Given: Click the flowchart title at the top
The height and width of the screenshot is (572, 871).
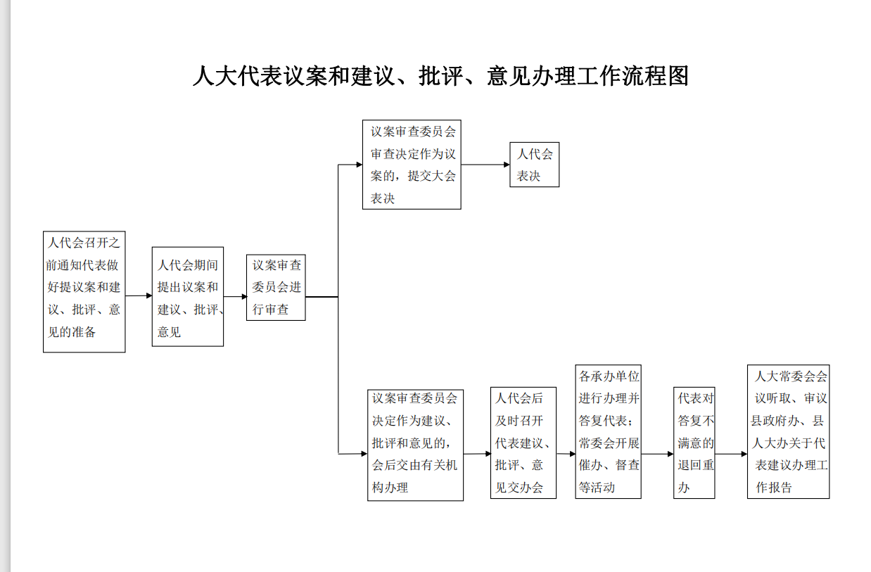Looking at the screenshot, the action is click(x=440, y=76).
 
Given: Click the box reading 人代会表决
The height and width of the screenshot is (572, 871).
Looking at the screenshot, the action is click(x=535, y=165).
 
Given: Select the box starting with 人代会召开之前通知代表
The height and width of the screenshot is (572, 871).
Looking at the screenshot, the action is click(x=84, y=292).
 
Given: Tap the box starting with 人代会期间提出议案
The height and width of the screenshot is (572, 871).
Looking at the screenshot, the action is click(x=188, y=296).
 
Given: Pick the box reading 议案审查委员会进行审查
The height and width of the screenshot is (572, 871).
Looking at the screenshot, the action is click(x=276, y=287).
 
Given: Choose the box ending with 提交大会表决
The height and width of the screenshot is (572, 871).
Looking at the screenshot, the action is click(x=412, y=165).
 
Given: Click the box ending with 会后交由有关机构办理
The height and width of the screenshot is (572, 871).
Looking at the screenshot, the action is click(x=415, y=445).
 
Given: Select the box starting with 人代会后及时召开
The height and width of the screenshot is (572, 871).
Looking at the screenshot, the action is click(x=523, y=443).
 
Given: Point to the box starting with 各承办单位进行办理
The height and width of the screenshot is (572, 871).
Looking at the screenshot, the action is click(x=608, y=431).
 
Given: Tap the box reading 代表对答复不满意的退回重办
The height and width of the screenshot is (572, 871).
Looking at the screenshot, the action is click(x=694, y=443).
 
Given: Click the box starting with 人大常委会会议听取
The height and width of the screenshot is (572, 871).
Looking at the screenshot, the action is click(x=788, y=431).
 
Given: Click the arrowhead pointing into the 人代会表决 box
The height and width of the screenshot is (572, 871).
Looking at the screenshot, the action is click(x=507, y=165).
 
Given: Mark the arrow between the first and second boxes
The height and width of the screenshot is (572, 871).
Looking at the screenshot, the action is click(x=139, y=295).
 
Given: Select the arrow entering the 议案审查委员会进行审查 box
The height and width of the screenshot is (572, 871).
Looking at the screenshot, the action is click(x=235, y=297).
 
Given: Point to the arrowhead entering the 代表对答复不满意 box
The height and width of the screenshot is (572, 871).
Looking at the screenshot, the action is click(x=670, y=454).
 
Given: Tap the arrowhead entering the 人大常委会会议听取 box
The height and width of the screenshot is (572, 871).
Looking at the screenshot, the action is click(x=744, y=454).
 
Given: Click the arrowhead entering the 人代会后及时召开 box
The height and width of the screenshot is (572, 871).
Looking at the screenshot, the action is click(x=488, y=454).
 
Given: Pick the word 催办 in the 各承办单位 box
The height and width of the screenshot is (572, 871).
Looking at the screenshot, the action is click(x=590, y=465).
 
